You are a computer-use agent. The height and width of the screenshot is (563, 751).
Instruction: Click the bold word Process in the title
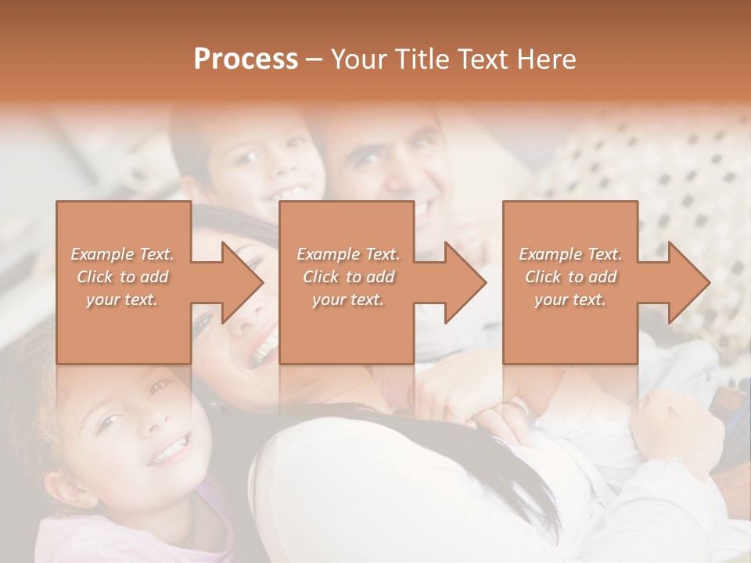coord(246,59)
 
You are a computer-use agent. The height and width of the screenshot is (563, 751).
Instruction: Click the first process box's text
coord(123,277)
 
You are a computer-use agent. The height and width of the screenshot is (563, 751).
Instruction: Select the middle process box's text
coord(348,277)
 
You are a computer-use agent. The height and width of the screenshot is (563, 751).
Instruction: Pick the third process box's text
coord(570,277)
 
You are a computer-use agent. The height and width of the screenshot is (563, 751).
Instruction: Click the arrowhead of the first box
coord(242,282)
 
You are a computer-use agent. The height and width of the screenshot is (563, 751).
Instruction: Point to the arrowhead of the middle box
coord(465,282)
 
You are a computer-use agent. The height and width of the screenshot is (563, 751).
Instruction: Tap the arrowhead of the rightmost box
coord(689,282)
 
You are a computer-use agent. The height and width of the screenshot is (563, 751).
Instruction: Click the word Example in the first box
coord(102,254)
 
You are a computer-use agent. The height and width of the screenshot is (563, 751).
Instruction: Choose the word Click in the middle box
coord(321,277)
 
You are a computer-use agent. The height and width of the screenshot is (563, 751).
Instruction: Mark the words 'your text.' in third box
coord(570,299)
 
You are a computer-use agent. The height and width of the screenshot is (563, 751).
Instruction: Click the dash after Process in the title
coord(314,59)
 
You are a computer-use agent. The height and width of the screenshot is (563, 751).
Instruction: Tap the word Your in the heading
coord(358,59)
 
